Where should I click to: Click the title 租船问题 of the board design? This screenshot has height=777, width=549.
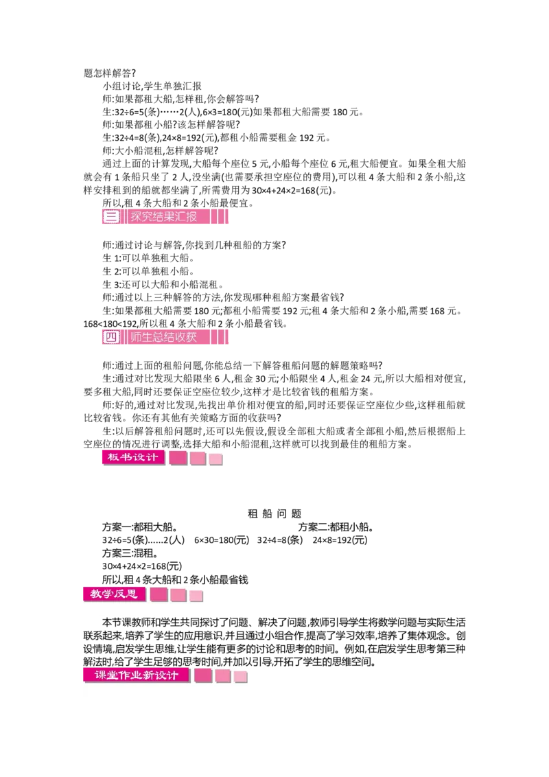point(274,514)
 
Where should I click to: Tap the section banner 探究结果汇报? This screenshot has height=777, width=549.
point(163,216)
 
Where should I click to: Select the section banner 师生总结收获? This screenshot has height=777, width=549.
point(163,338)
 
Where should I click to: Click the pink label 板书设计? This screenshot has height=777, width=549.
point(133,457)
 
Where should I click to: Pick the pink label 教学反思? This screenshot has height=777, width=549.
point(114,594)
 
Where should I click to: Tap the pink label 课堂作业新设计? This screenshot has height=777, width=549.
point(137,675)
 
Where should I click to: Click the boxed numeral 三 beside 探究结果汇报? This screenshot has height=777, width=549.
point(111,216)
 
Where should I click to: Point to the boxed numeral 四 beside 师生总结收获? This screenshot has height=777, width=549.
point(111,338)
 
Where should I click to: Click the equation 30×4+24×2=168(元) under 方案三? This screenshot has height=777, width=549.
point(142,566)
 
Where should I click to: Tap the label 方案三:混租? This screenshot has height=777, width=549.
point(130,553)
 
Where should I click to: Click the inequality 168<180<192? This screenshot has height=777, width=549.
point(110,324)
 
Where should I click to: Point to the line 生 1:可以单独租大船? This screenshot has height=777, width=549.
point(148,258)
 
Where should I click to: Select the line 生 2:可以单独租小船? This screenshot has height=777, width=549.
point(148,271)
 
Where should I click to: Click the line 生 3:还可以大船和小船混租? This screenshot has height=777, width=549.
point(163,284)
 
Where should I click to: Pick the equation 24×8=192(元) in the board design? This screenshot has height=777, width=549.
point(340,540)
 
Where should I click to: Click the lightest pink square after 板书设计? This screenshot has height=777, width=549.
point(216,460)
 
